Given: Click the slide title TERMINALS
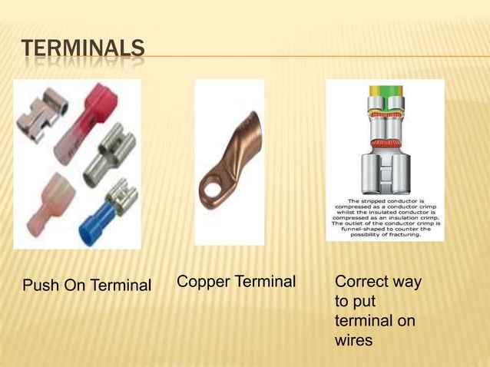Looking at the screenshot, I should pyautogui.click(x=82, y=49).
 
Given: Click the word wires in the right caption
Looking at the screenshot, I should pyautogui.click(x=353, y=339).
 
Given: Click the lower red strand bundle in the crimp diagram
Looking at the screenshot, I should pyautogui.click(x=384, y=144).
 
